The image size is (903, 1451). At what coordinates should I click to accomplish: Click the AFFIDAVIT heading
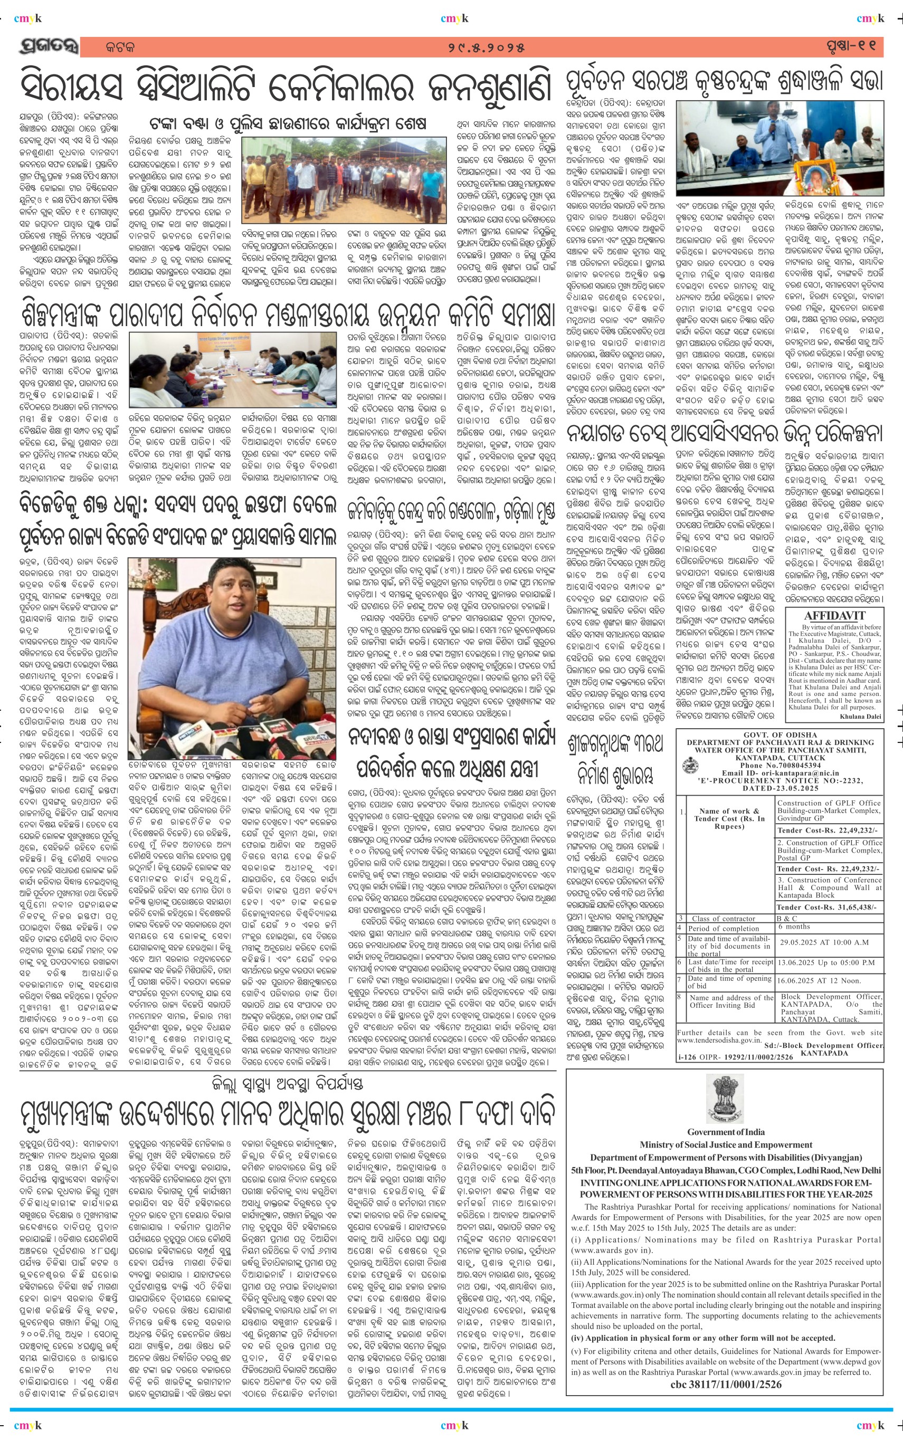click(834, 616)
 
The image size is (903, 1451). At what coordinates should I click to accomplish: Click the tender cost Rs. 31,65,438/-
click(827, 907)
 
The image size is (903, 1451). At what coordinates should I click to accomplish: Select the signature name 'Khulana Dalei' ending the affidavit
click(860, 716)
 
